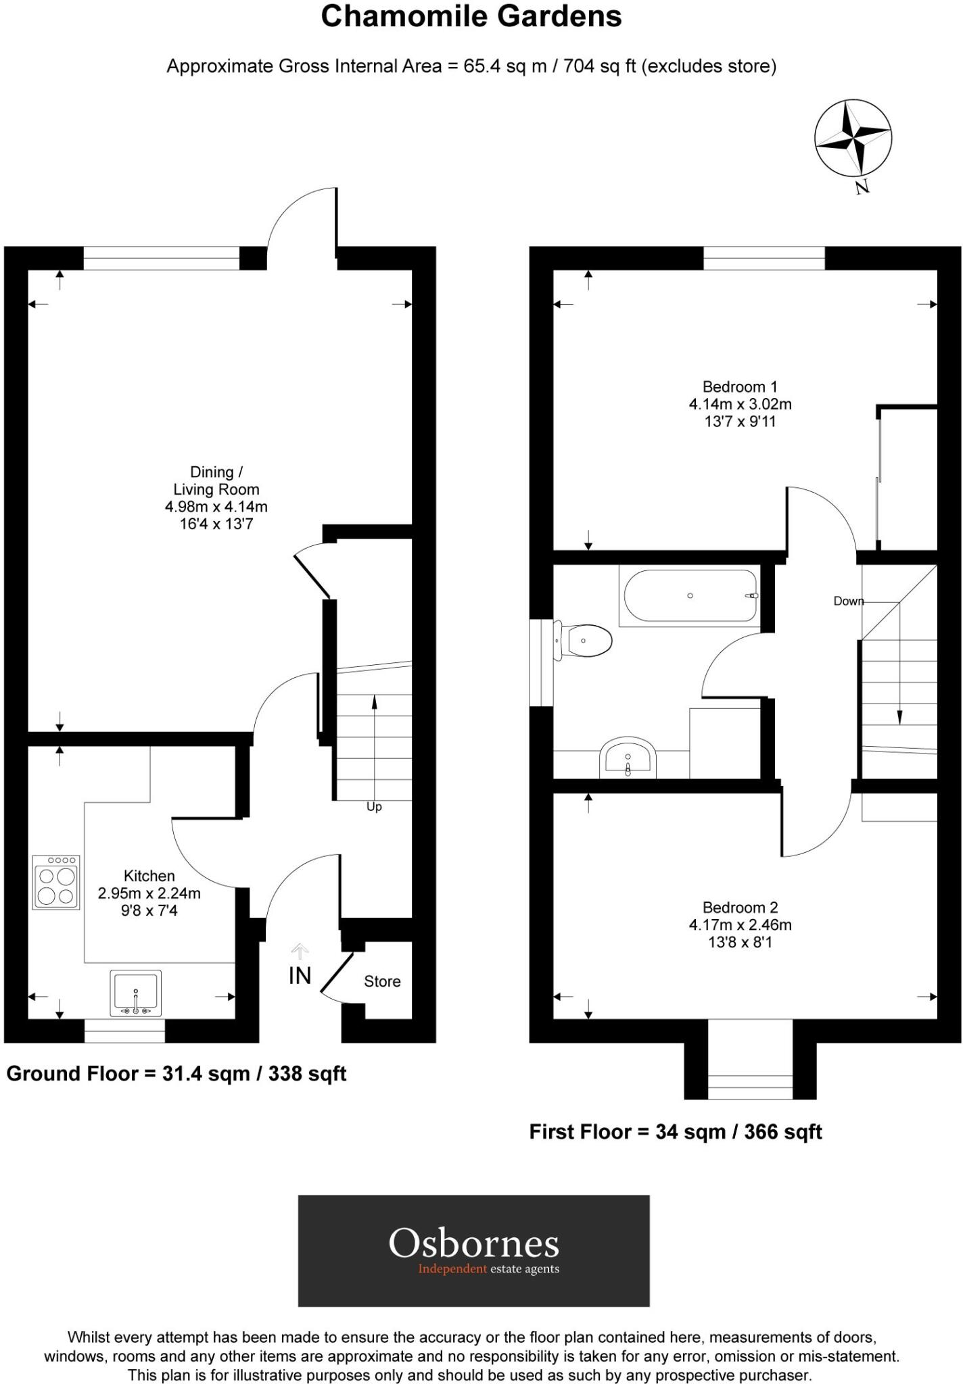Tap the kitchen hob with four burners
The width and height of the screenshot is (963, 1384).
(x=56, y=882)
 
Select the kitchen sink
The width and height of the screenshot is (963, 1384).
(x=135, y=993)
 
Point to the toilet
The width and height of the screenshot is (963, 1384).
(x=585, y=640)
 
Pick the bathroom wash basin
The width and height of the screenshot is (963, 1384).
(x=628, y=757)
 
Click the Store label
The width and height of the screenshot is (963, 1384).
(x=382, y=981)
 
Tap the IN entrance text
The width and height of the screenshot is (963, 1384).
(x=300, y=976)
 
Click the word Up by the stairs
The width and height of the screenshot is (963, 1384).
(x=374, y=807)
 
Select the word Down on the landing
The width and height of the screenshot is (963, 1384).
(x=848, y=601)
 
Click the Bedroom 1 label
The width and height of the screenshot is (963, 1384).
(x=740, y=387)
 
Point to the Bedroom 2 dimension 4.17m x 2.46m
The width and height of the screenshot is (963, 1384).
(x=740, y=924)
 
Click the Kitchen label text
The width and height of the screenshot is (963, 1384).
(x=149, y=876)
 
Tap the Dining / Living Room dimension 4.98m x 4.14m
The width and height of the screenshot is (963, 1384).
(x=216, y=506)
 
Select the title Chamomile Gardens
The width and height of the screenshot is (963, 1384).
(x=471, y=16)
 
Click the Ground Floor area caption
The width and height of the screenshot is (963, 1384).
(x=177, y=1073)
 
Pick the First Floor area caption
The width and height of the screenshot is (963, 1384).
(x=675, y=1131)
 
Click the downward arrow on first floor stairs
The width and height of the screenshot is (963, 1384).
(x=899, y=696)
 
